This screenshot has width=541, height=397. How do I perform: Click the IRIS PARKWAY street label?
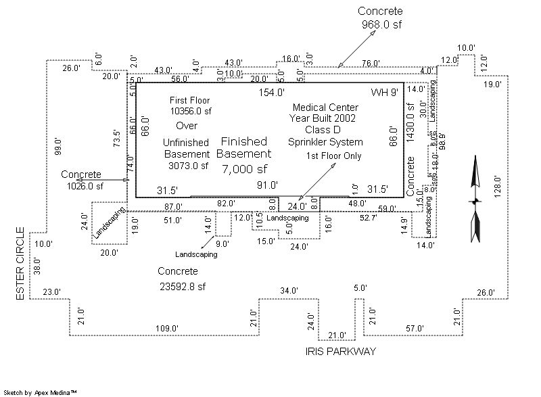[341, 351]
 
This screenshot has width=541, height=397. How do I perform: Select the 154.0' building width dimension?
[272, 92]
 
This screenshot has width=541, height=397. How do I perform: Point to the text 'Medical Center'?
[325, 107]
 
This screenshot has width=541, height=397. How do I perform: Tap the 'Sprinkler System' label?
[325, 142]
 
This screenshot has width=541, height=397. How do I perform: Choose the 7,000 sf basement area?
[245, 169]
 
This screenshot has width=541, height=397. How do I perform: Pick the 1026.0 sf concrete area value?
[85, 186]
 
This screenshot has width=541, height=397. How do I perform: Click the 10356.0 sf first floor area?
[191, 111]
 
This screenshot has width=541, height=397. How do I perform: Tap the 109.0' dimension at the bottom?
[166, 328]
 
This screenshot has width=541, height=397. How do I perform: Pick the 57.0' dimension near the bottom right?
[415, 328]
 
